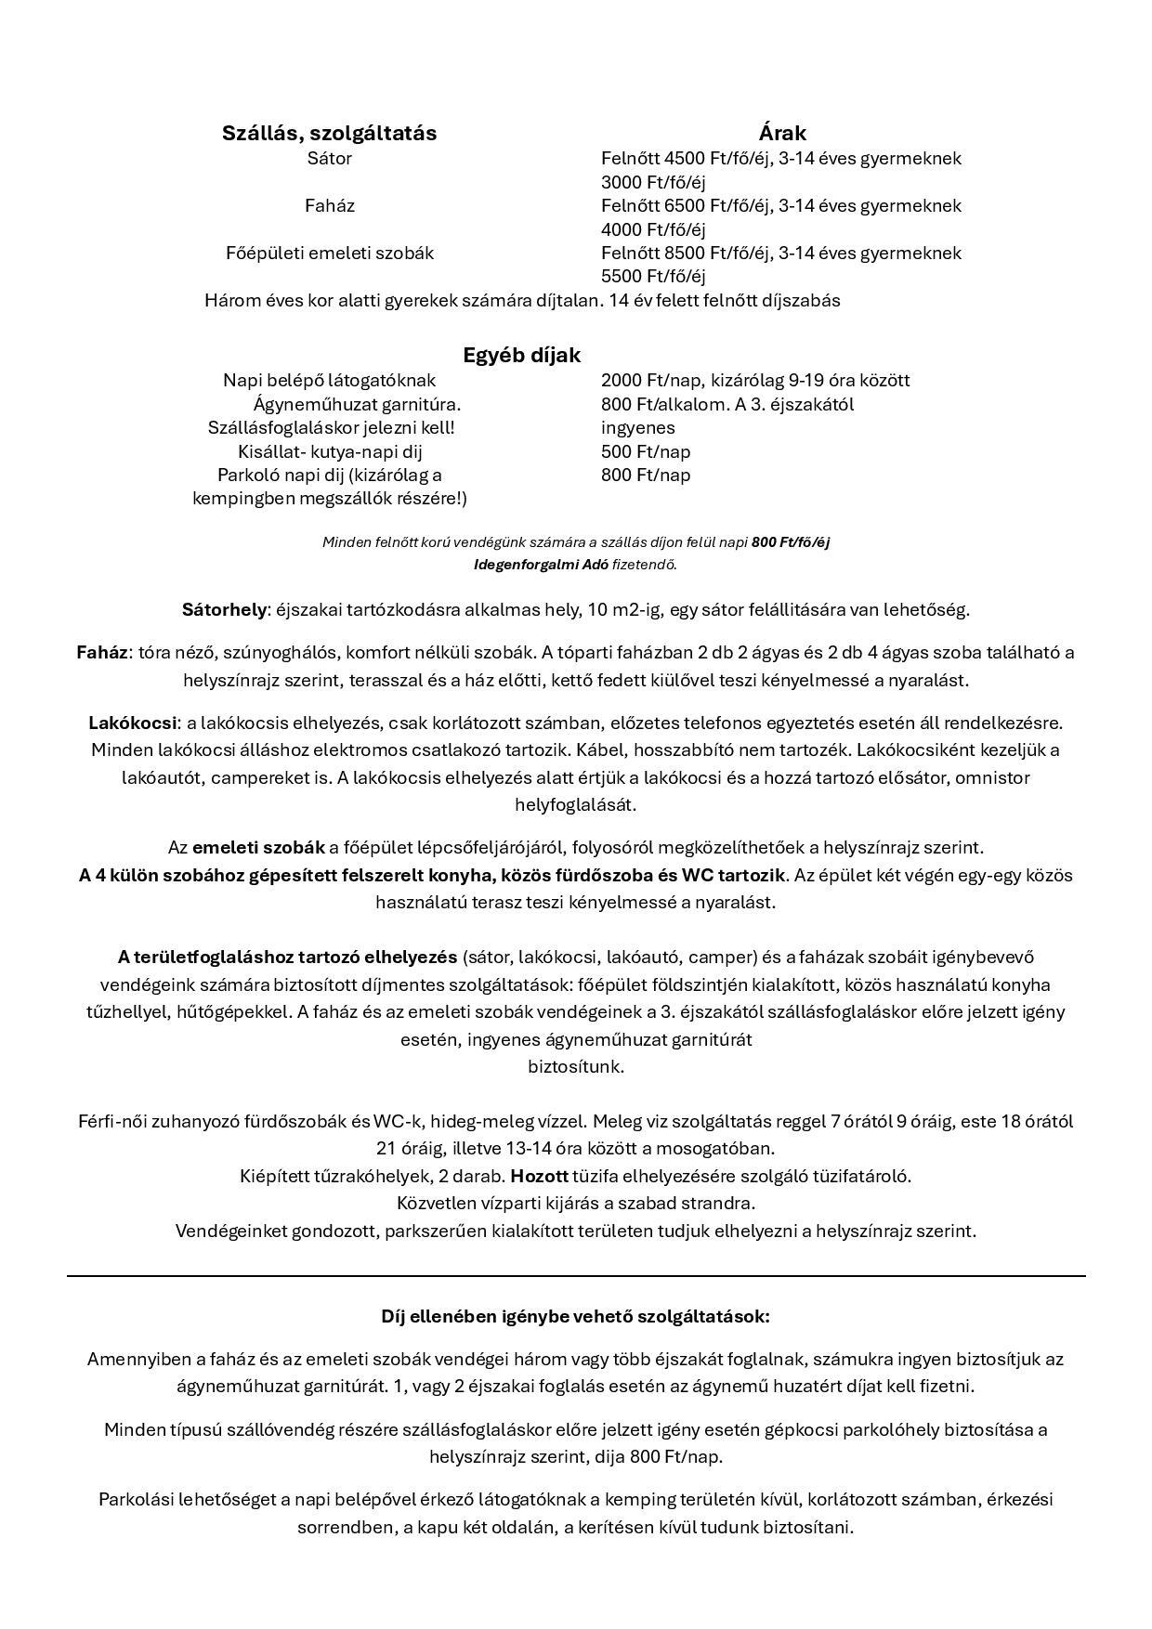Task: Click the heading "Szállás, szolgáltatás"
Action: (x=329, y=133)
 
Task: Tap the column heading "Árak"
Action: (x=781, y=133)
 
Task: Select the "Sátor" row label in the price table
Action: (x=329, y=158)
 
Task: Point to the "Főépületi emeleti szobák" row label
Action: (x=329, y=253)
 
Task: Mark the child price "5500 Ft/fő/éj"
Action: (x=653, y=276)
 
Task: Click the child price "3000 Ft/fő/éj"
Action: (x=653, y=182)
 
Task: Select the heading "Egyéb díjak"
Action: (x=521, y=355)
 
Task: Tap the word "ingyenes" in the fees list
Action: (x=638, y=427)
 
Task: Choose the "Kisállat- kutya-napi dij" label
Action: (x=330, y=451)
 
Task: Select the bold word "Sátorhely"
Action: (x=224, y=610)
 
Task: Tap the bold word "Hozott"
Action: (x=539, y=1176)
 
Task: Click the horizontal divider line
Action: (x=576, y=1276)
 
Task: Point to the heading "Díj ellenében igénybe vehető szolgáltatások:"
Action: (x=575, y=1316)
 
